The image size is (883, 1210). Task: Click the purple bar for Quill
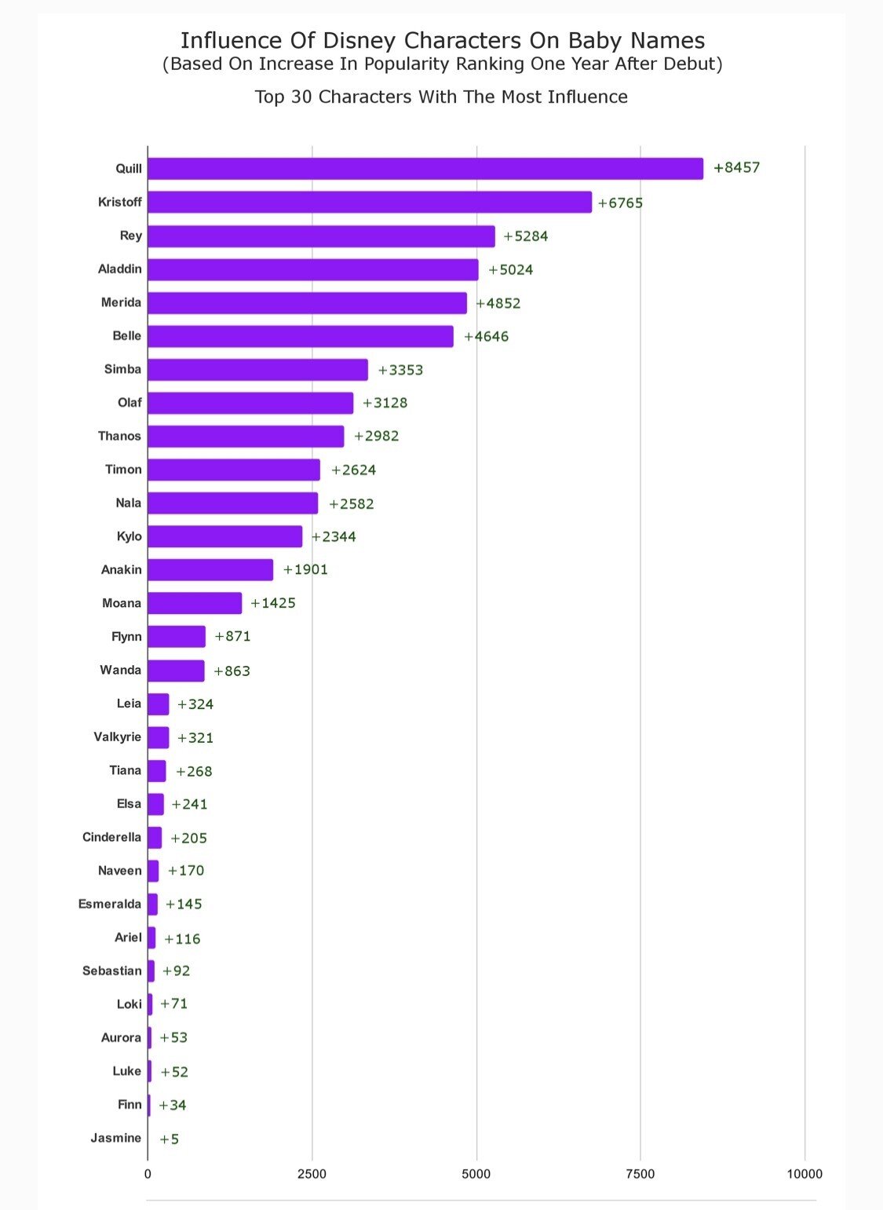pos(425,169)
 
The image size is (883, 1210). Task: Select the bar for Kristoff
pos(369,202)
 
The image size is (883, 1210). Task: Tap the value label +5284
pos(526,236)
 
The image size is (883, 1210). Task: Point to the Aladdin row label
pos(120,269)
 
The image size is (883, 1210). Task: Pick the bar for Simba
pos(257,370)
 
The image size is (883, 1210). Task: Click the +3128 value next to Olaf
pos(385,403)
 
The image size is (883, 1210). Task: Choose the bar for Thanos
pos(246,437)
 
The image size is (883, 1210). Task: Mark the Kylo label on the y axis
pos(130,536)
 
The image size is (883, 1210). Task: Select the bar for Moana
pos(195,603)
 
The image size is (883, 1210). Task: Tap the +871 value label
pos(233,636)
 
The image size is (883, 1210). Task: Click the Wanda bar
pos(176,671)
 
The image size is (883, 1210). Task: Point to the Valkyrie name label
pos(118,737)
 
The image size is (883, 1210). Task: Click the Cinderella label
pos(112,837)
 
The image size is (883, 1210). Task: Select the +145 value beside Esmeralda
pos(184,905)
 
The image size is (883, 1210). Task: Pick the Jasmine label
pos(116,1139)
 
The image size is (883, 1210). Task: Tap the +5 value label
pos(170,1139)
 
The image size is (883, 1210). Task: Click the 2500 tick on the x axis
pos(312,1174)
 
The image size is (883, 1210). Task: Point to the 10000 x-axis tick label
pos(805,1174)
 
